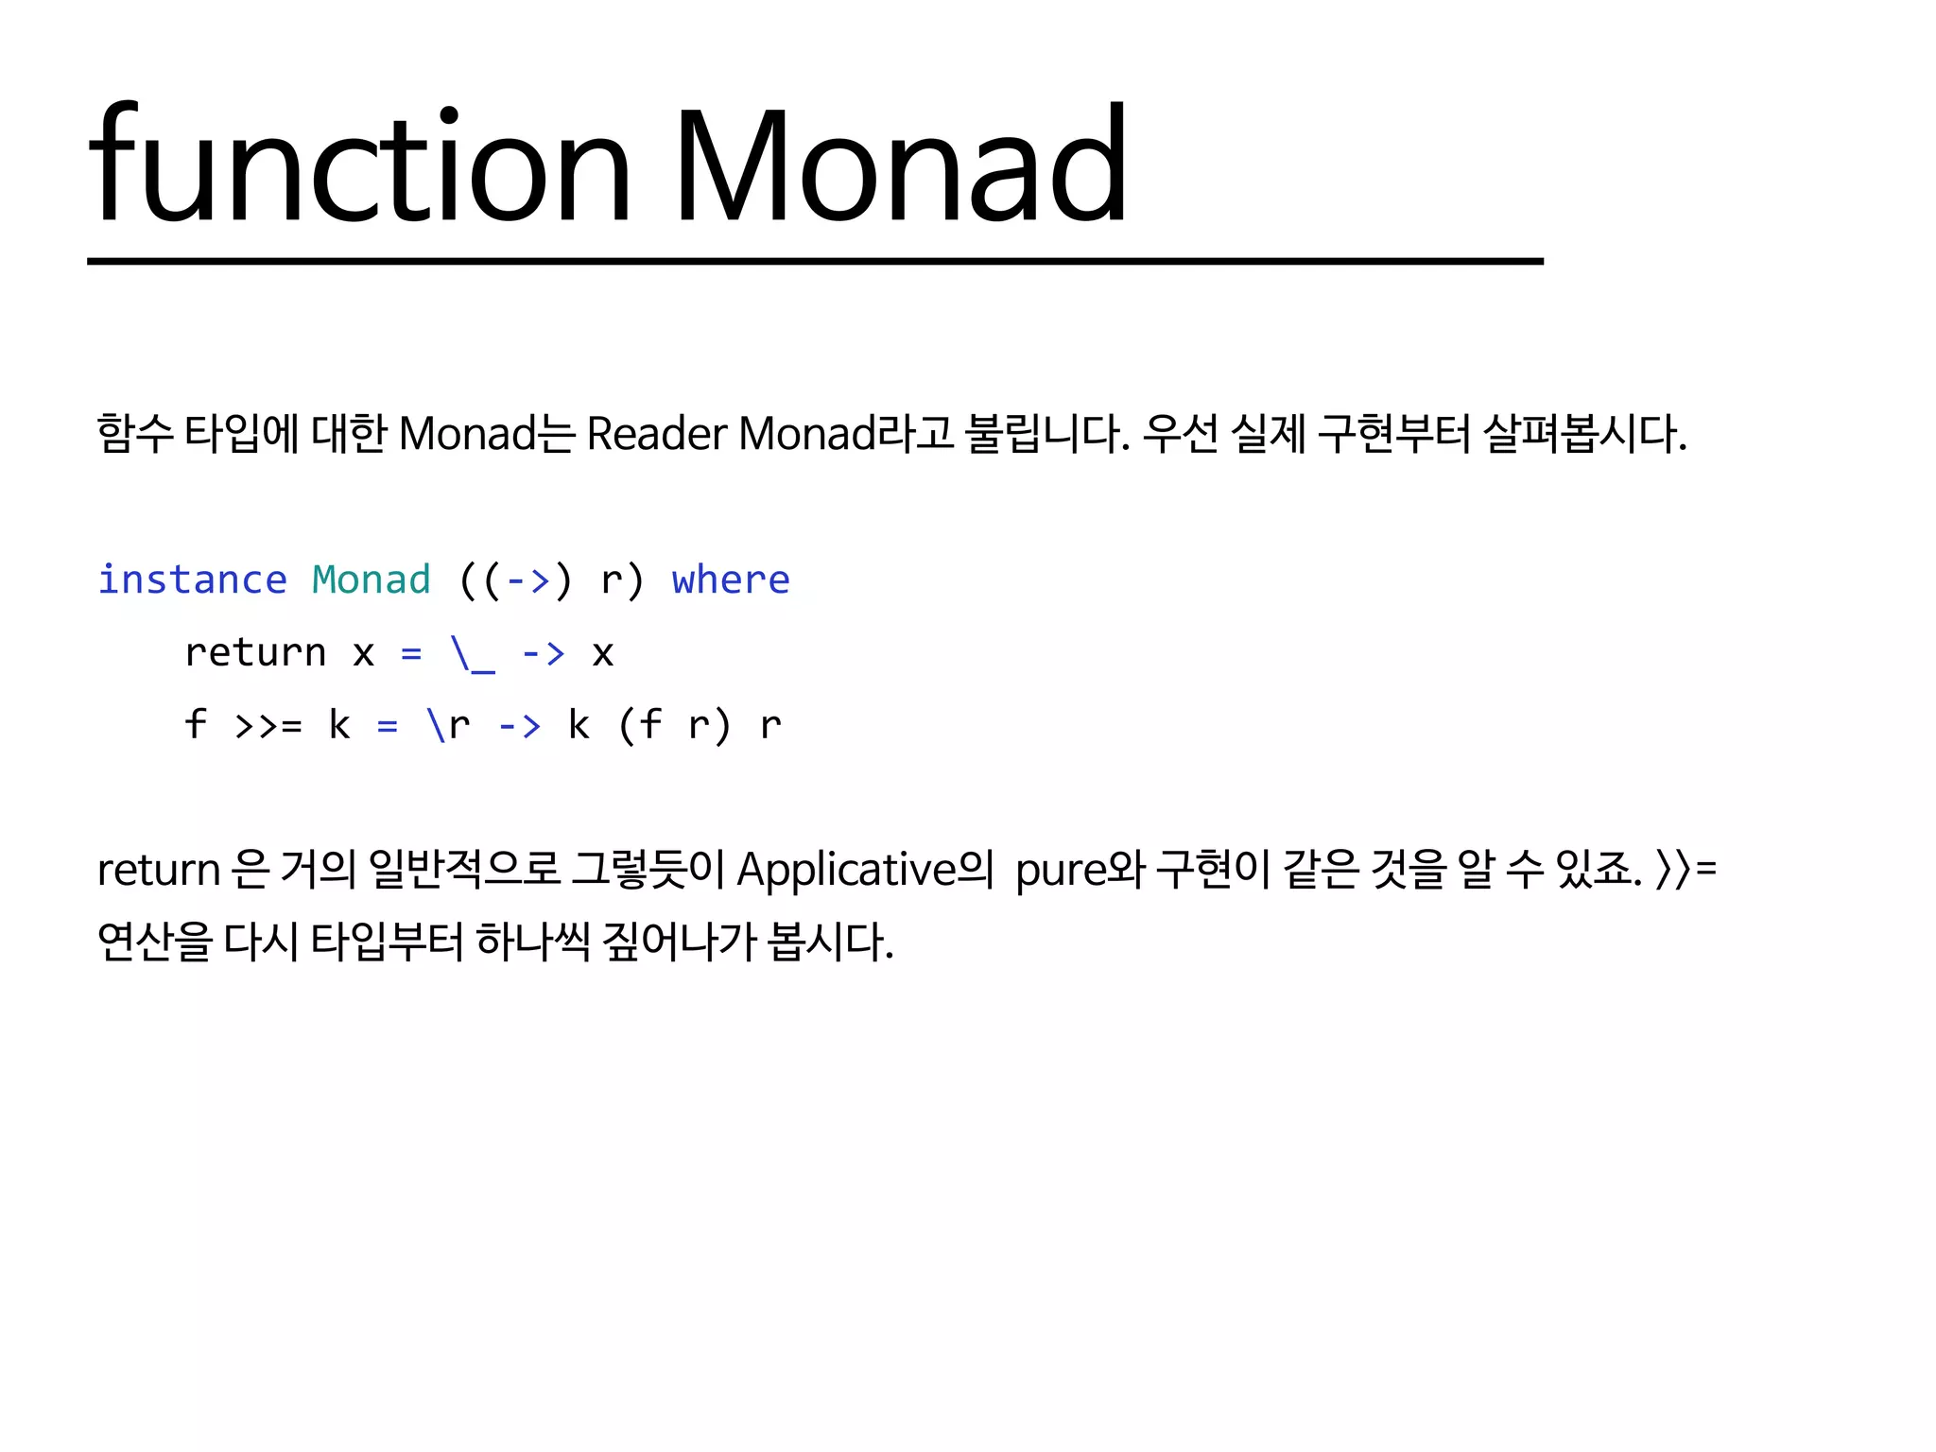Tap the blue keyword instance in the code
coord(192,579)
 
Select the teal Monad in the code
coord(371,579)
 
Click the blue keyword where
coord(730,579)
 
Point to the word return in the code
coord(255,652)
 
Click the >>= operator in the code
coord(268,725)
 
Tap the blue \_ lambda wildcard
coord(473,652)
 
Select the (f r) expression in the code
coord(674,725)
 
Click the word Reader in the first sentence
coord(657,434)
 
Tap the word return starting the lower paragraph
coord(158,869)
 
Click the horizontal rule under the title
coord(815,261)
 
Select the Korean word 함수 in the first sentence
coord(135,434)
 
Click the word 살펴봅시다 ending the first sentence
coord(1583,434)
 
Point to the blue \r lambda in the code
coord(448,725)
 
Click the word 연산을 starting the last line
coord(154,942)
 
